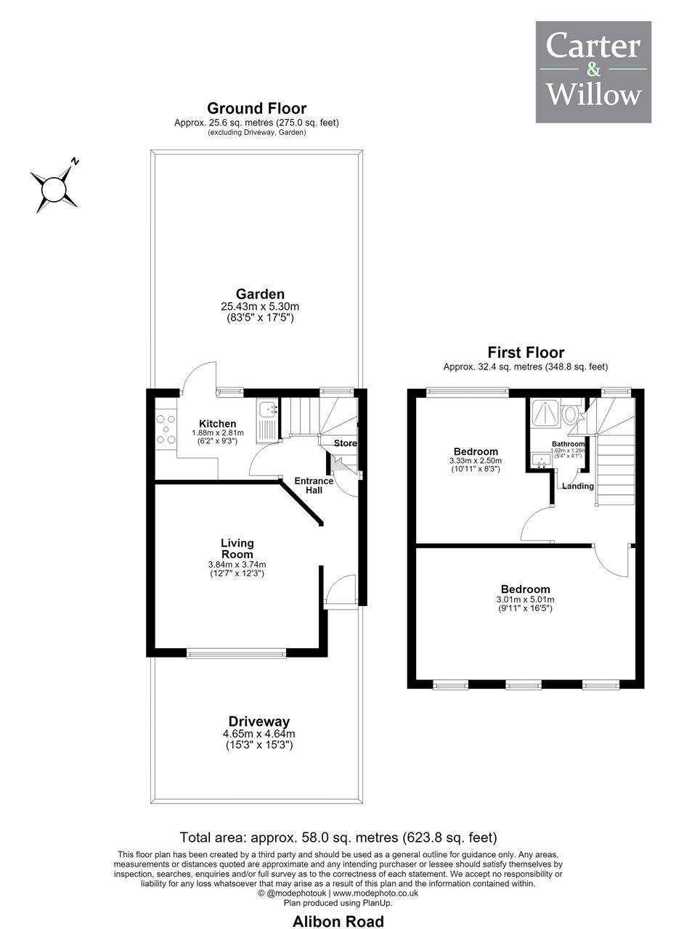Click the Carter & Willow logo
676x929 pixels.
point(593,72)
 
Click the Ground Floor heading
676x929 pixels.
point(256,108)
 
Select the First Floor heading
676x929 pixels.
point(526,353)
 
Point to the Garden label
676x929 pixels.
point(260,294)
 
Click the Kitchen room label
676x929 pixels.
point(217,423)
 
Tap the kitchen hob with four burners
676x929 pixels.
point(166,429)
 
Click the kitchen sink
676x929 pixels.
point(267,410)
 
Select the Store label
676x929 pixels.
point(346,443)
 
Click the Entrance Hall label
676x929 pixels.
point(314,486)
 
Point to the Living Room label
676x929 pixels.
point(237,549)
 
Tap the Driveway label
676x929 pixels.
point(259,721)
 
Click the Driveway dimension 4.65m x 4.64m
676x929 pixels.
point(259,734)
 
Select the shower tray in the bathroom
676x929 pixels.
point(545,412)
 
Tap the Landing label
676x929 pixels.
point(578,486)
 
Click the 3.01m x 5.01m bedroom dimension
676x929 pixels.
point(525,599)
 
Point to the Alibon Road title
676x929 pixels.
point(338,922)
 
